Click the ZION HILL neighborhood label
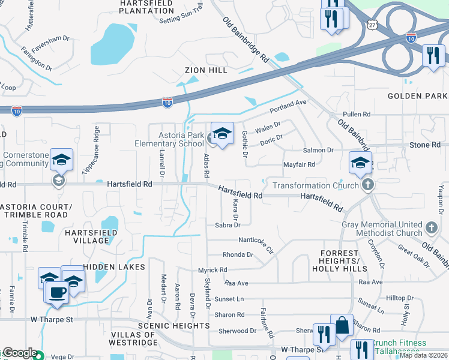point(205,70)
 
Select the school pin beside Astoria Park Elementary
point(222,134)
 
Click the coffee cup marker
point(58,292)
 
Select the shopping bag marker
point(342,326)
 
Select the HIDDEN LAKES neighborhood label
point(115,266)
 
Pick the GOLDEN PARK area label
point(418,96)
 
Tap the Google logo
point(19,353)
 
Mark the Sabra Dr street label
point(228,225)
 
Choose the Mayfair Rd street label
point(299,164)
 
